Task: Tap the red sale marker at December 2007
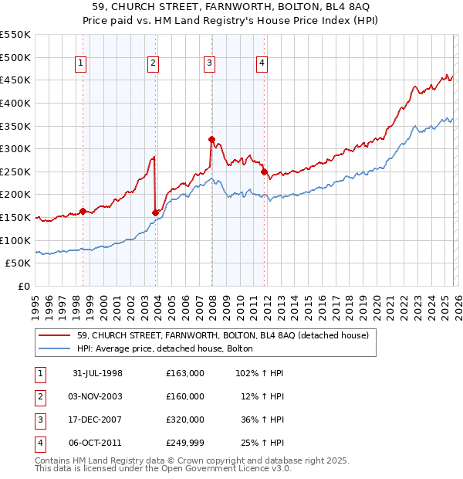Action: click(211, 140)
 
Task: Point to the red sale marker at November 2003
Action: click(155, 212)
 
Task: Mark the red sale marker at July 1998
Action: click(83, 211)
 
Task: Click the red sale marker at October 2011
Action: click(263, 172)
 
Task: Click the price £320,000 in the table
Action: click(185, 420)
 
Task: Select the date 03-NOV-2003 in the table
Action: click(97, 396)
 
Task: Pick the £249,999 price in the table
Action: click(185, 443)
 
